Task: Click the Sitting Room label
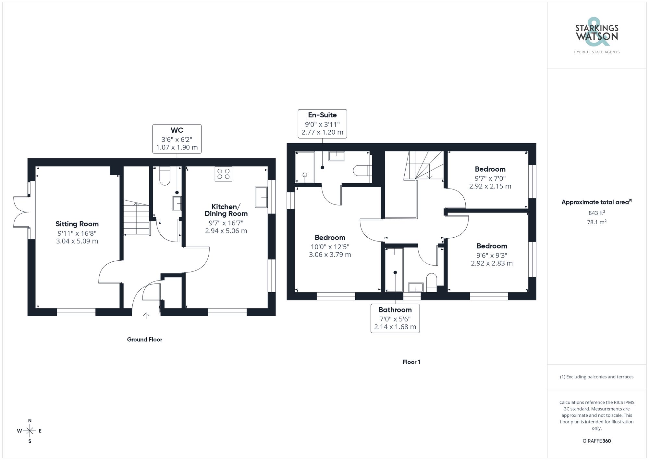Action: [77, 224]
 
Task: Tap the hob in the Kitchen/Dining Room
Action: [223, 174]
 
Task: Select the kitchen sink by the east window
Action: [261, 197]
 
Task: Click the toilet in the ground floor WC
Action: [165, 176]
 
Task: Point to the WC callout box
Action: [177, 139]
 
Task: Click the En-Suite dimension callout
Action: [322, 124]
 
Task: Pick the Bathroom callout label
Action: [395, 319]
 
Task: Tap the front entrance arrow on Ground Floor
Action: [146, 315]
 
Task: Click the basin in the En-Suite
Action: [337, 156]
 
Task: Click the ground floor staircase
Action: [136, 218]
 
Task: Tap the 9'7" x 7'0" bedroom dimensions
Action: [490, 182]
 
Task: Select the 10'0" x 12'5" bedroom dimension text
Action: [330, 251]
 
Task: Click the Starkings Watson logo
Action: [596, 36]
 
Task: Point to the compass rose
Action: [30, 431]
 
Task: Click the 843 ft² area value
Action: [596, 213]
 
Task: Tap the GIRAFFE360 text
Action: [596, 441]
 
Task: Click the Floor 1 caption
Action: [411, 362]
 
